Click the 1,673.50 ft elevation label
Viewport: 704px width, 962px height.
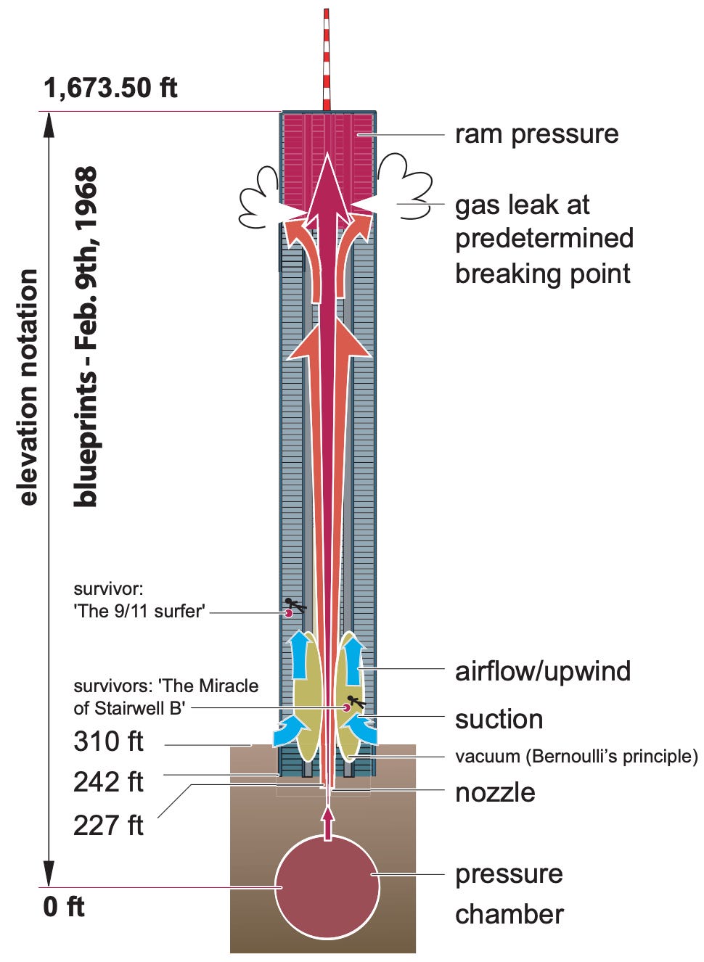coord(110,88)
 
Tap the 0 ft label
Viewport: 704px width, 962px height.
coord(64,906)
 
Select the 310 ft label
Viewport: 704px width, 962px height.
coord(108,742)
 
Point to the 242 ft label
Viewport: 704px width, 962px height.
coord(108,782)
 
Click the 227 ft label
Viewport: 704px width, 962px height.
coord(108,825)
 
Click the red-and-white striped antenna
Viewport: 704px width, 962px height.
coord(327,59)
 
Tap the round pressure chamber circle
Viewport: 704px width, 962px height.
coord(327,887)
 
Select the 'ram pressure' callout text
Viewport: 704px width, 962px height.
coord(537,135)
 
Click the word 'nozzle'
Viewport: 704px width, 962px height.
coord(495,792)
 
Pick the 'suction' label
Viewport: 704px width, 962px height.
coord(499,720)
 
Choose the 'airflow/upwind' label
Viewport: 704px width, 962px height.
coord(543,672)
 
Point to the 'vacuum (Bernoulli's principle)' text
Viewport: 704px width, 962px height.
coord(576,756)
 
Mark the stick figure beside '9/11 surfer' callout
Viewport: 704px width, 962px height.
coord(295,604)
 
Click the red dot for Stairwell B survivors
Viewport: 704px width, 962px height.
coord(346,707)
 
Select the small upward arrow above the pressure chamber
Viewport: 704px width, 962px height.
coord(328,822)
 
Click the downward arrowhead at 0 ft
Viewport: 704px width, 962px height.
coord(49,871)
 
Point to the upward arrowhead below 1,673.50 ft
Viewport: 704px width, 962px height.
coord(49,127)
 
